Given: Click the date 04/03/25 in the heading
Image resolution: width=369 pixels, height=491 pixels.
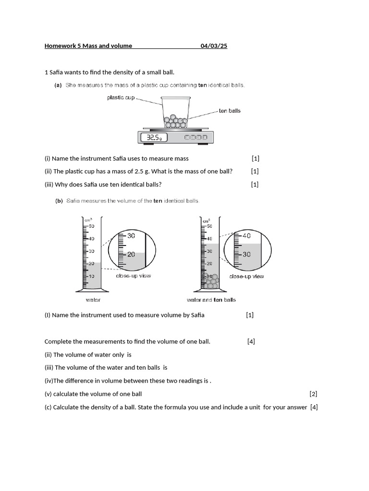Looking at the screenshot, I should tap(214, 46).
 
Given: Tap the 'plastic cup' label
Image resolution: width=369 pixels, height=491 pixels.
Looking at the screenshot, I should tap(121, 97).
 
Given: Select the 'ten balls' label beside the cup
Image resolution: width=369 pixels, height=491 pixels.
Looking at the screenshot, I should tap(230, 111).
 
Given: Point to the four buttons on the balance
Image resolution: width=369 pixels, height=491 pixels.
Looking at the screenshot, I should tap(197, 138).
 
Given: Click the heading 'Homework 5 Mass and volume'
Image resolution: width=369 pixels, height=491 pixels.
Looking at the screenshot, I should tap(88, 46).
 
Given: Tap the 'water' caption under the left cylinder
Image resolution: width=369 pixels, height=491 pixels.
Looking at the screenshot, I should tap(93, 300).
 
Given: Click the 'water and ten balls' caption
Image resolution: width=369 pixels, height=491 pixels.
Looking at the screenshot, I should tap(211, 300).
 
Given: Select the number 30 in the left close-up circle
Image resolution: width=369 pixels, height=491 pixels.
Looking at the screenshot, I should tap(131, 236).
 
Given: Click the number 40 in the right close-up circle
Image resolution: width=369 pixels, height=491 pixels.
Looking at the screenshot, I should tap(246, 236).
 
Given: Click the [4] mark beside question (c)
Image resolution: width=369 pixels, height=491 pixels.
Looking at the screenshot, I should tap(314, 408).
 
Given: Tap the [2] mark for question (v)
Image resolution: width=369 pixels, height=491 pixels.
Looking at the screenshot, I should tap(314, 394).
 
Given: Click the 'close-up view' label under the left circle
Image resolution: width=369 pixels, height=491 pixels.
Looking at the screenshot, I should tap(133, 276).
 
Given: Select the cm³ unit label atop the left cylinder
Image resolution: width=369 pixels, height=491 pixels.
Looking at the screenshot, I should tap(88, 220).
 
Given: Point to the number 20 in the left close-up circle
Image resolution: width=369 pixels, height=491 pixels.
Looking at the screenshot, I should tap(131, 255).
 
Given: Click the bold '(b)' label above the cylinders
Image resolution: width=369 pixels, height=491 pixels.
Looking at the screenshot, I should tap(59, 201).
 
